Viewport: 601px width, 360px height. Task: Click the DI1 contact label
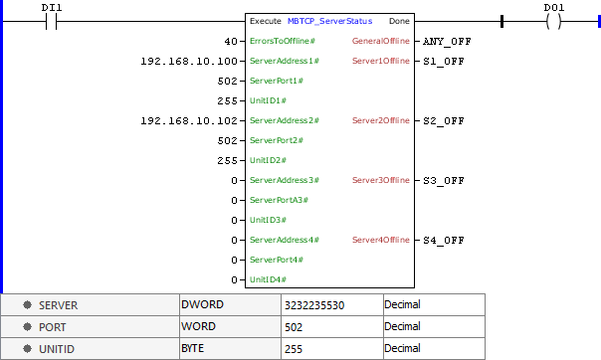pyautogui.click(x=53, y=7)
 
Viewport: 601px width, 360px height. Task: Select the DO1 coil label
pyautogui.click(x=555, y=7)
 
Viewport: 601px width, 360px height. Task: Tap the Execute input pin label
pyautogui.click(x=265, y=21)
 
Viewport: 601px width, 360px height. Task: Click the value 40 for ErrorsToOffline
pyautogui.click(x=231, y=41)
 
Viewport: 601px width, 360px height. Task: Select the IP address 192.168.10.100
pyautogui.click(x=190, y=61)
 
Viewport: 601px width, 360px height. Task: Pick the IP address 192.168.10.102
pyautogui.click(x=190, y=120)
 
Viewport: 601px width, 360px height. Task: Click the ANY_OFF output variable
pyautogui.click(x=447, y=41)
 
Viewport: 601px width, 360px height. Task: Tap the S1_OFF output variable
pyautogui.click(x=443, y=61)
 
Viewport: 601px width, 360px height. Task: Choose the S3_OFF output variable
pyautogui.click(x=443, y=180)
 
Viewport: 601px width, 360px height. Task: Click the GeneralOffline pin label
pyautogui.click(x=380, y=41)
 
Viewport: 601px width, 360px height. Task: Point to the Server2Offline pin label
pyautogui.click(x=380, y=120)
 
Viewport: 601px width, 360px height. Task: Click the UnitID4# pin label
pyautogui.click(x=268, y=279)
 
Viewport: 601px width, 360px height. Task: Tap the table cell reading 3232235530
pyautogui.click(x=313, y=304)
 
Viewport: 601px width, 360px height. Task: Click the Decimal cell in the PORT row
pyautogui.click(x=404, y=326)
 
